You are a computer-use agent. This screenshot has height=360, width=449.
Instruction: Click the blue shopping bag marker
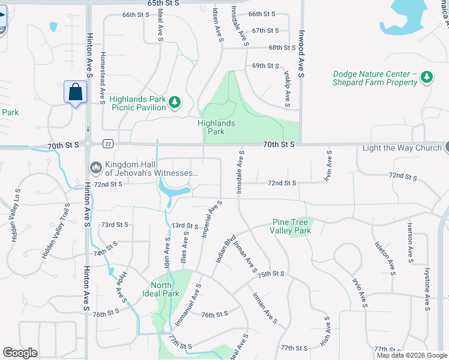pyautogui.click(x=75, y=92)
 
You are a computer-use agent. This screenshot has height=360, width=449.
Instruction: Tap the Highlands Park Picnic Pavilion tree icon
pyautogui.click(x=175, y=103)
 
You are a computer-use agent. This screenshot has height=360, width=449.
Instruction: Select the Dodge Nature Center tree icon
pyautogui.click(x=427, y=77)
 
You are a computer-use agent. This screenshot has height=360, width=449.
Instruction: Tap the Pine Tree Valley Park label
pyautogui.click(x=291, y=226)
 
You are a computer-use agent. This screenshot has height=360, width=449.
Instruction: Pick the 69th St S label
pyautogui.click(x=265, y=65)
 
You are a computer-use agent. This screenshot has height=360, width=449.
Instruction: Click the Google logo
pyautogui.click(x=20, y=353)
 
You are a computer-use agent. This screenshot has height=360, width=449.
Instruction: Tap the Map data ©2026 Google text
pyautogui.click(x=411, y=355)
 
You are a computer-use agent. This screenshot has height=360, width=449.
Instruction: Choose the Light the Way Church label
pyautogui.click(x=402, y=148)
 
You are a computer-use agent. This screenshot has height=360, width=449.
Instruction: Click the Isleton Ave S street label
pyautogui.click(x=390, y=260)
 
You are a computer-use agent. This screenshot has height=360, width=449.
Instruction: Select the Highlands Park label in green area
pyautogui.click(x=216, y=127)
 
